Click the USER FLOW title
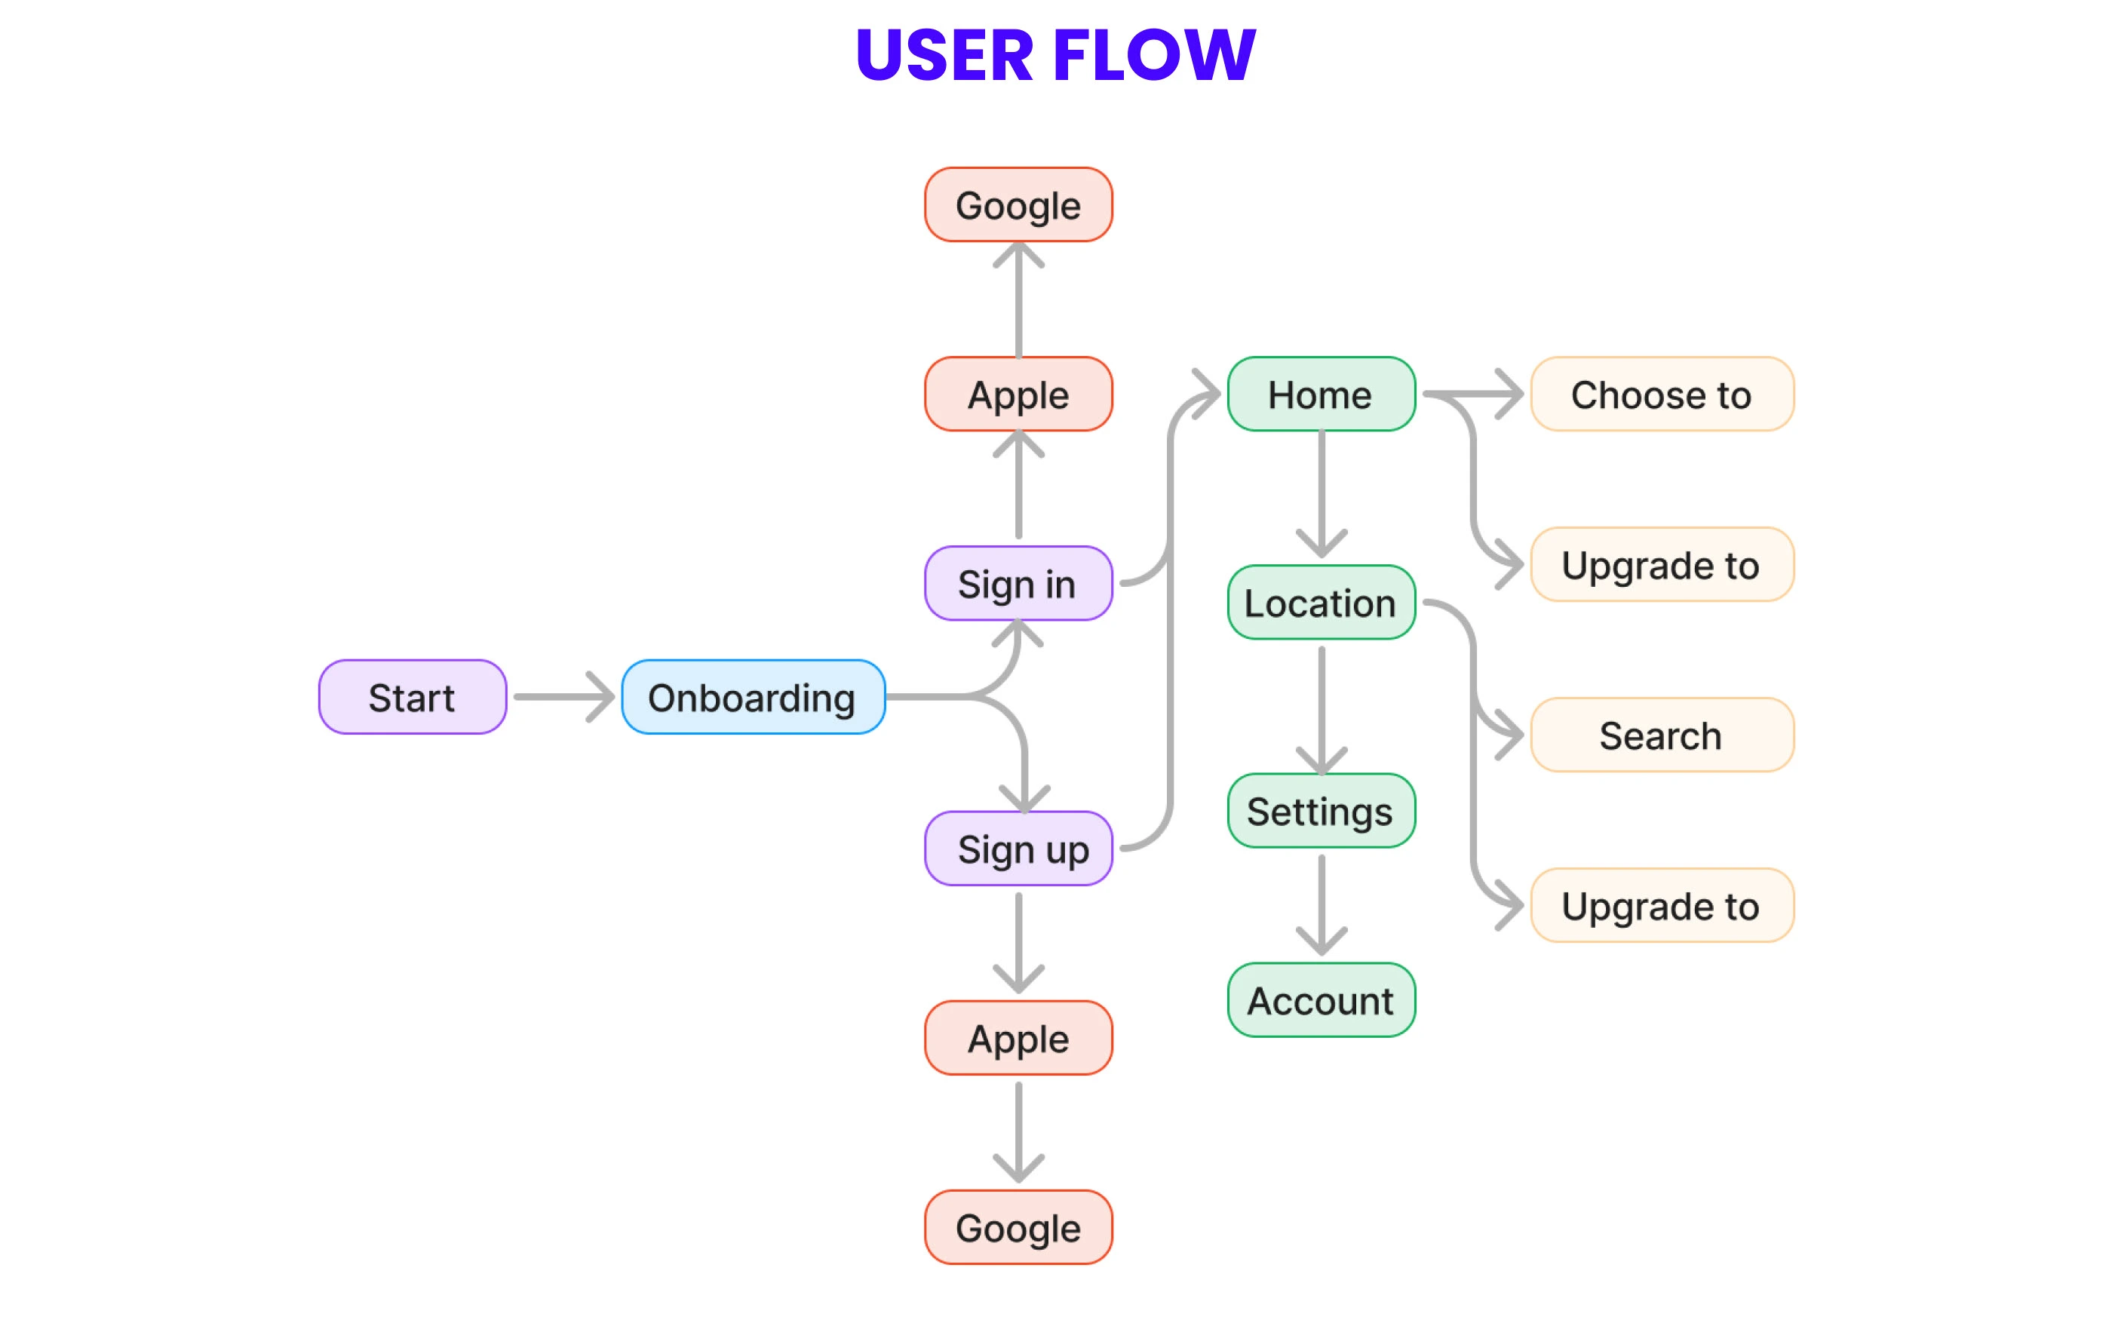coord(1055,55)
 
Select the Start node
coord(412,697)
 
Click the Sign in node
coord(1018,583)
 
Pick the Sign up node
coord(1018,849)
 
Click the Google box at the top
coord(1018,205)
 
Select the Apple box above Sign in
coord(1018,394)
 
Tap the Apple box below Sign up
coord(1018,1038)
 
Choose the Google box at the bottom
coord(1018,1227)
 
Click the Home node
coord(1321,394)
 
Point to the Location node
coord(1321,603)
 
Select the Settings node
coord(1321,811)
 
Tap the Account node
coord(1321,1000)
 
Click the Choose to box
coord(1662,394)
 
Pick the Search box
coord(1662,735)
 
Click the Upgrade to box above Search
coord(1662,565)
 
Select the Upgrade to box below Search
coord(1662,905)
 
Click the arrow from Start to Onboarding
coord(563,697)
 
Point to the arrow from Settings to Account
coord(1322,904)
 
